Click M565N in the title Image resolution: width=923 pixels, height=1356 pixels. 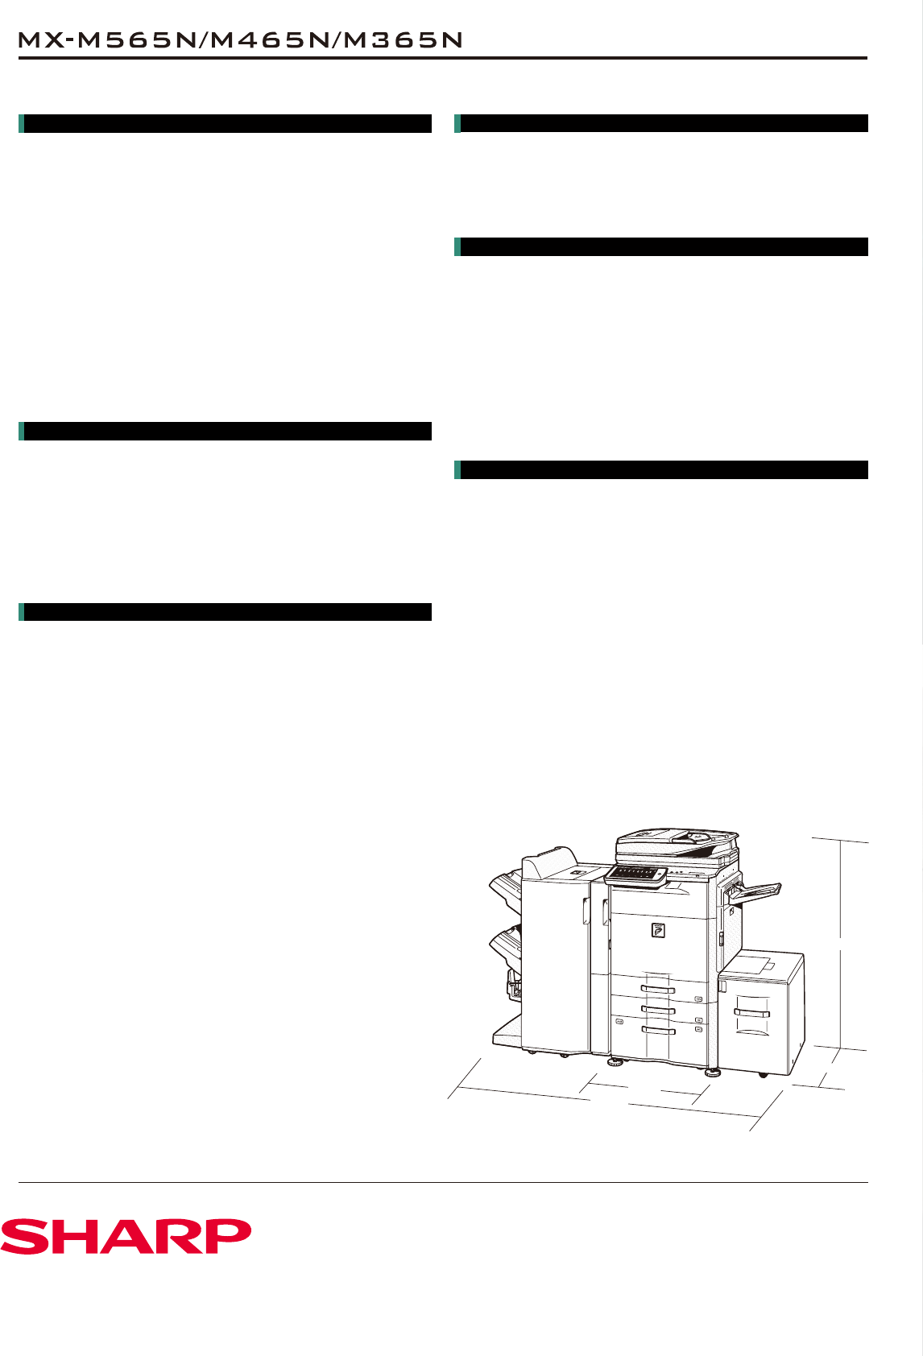(139, 40)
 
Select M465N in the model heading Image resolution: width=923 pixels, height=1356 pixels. (271, 40)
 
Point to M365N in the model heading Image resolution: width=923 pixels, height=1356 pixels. (404, 40)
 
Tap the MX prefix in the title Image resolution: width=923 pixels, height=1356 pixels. (40, 40)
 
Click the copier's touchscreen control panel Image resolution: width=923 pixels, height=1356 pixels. (635, 875)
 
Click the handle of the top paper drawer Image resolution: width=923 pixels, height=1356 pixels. (658, 989)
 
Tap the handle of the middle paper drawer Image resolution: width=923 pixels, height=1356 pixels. (658, 1010)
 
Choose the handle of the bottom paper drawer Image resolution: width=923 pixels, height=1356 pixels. (658, 1031)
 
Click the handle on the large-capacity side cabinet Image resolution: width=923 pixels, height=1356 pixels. (752, 1013)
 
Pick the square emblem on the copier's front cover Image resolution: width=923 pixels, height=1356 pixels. (658, 930)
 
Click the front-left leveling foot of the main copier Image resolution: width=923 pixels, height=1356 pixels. (615, 1062)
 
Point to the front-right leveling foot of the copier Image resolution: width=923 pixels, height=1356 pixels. (713, 1073)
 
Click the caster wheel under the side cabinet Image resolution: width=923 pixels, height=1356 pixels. (763, 1074)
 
